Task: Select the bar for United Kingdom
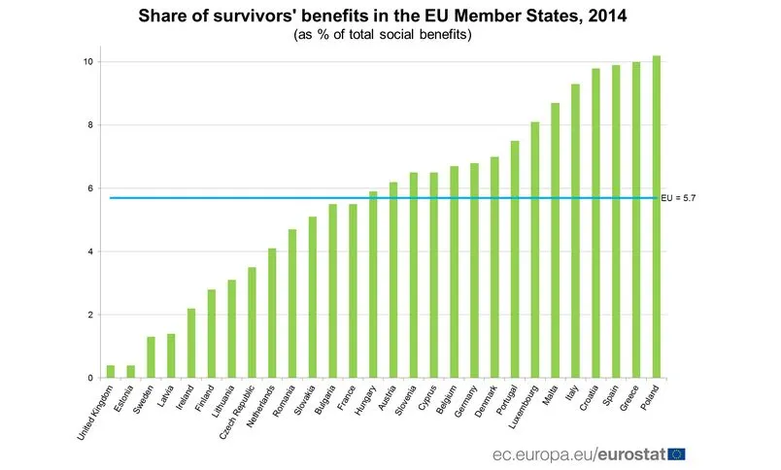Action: point(111,371)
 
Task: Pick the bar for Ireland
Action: point(191,343)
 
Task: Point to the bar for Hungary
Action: point(373,285)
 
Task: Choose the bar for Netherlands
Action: point(273,313)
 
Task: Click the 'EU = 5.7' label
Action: point(679,198)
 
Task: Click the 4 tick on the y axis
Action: point(90,252)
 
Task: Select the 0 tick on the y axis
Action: point(90,379)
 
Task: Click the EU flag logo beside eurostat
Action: point(677,453)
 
